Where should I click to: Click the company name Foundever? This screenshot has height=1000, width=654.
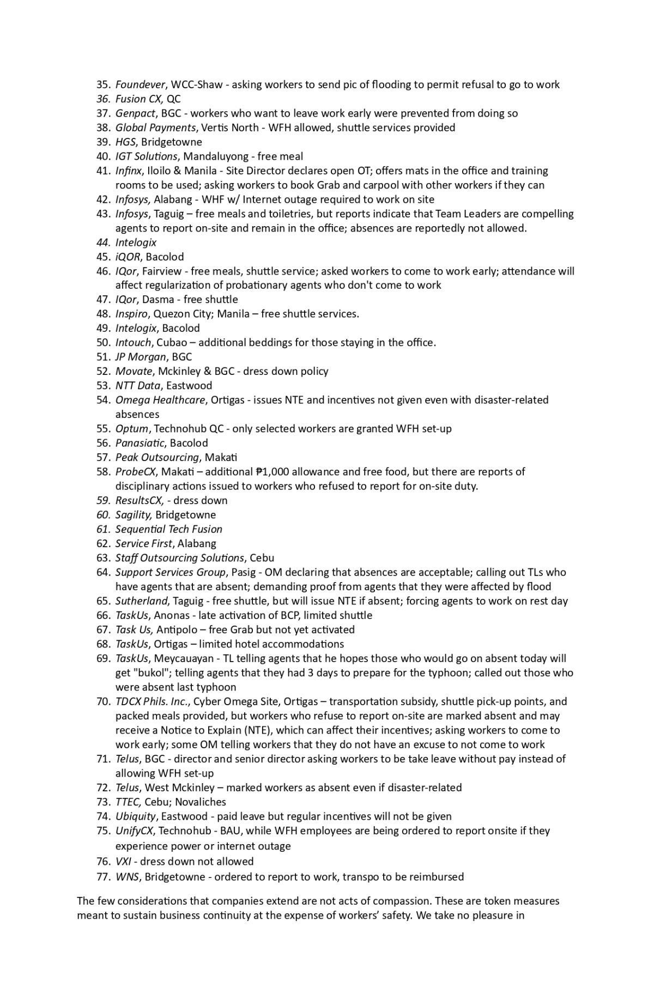(x=140, y=84)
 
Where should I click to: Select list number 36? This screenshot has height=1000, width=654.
(x=103, y=99)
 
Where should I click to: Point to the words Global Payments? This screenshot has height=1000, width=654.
(x=155, y=128)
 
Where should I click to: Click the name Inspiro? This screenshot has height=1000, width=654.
(x=131, y=314)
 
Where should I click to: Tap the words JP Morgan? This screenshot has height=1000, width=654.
(x=141, y=357)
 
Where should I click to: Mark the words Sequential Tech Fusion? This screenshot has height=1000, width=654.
(x=168, y=529)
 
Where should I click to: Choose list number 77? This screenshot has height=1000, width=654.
(x=103, y=877)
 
